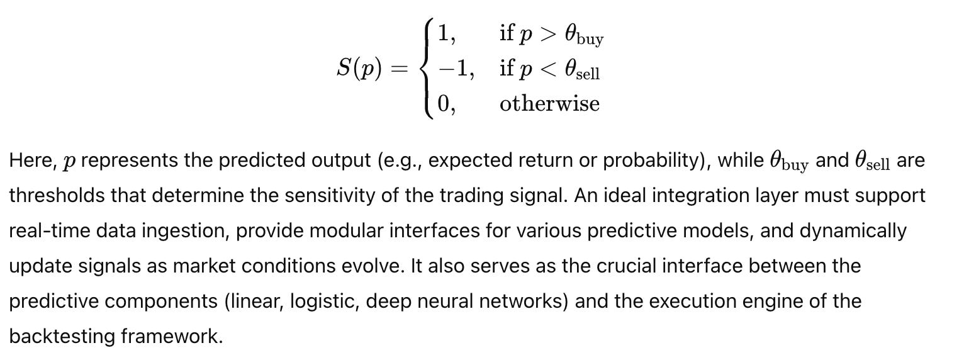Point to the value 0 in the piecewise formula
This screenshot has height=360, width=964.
[x=444, y=103]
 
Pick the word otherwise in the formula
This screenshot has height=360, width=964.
[x=549, y=103]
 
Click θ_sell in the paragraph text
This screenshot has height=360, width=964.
[x=872, y=162]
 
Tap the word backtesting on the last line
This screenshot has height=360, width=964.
[x=62, y=337]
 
